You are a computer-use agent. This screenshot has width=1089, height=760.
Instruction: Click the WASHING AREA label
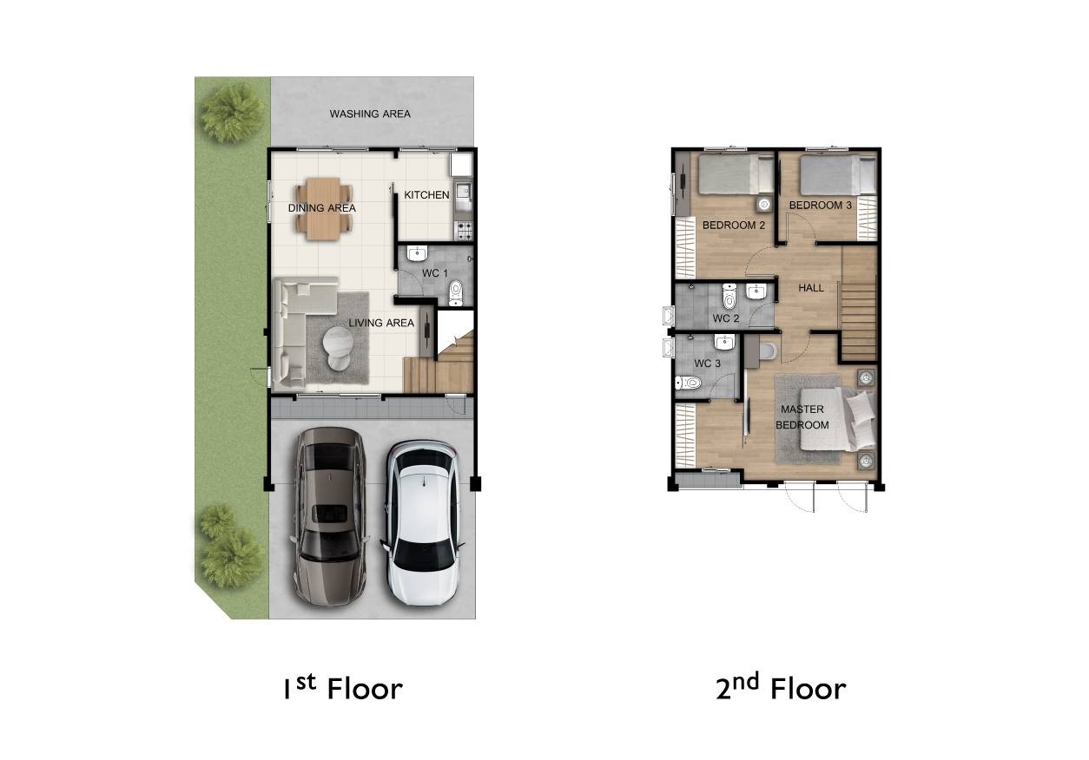click(370, 114)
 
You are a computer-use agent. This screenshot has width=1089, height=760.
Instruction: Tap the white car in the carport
click(423, 523)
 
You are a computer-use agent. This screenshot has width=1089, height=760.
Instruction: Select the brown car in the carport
click(330, 517)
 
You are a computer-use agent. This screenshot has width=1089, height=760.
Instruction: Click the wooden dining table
click(322, 209)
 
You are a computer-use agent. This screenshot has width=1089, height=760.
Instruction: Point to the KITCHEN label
click(427, 194)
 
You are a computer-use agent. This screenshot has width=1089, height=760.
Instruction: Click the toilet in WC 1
click(456, 293)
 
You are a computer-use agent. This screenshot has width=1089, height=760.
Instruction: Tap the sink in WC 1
click(417, 253)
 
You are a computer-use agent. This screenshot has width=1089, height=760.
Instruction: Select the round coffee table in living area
click(338, 347)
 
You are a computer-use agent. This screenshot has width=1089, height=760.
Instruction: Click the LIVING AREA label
click(381, 323)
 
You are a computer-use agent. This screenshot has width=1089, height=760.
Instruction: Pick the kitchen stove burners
click(465, 230)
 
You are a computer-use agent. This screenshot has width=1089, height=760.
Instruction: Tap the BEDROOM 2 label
click(734, 226)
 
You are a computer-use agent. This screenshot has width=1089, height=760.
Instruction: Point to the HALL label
click(811, 288)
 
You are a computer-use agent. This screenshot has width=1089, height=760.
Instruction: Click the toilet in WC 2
click(729, 296)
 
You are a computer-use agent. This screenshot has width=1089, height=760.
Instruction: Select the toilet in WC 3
click(688, 383)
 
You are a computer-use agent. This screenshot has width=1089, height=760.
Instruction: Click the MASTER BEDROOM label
click(802, 417)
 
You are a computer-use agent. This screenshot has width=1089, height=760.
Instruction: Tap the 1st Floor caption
click(343, 688)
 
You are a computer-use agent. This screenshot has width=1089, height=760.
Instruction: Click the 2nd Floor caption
click(782, 688)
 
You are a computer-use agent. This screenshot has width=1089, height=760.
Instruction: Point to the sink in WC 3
click(724, 343)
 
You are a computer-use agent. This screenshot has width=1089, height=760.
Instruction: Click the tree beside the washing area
click(232, 114)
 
